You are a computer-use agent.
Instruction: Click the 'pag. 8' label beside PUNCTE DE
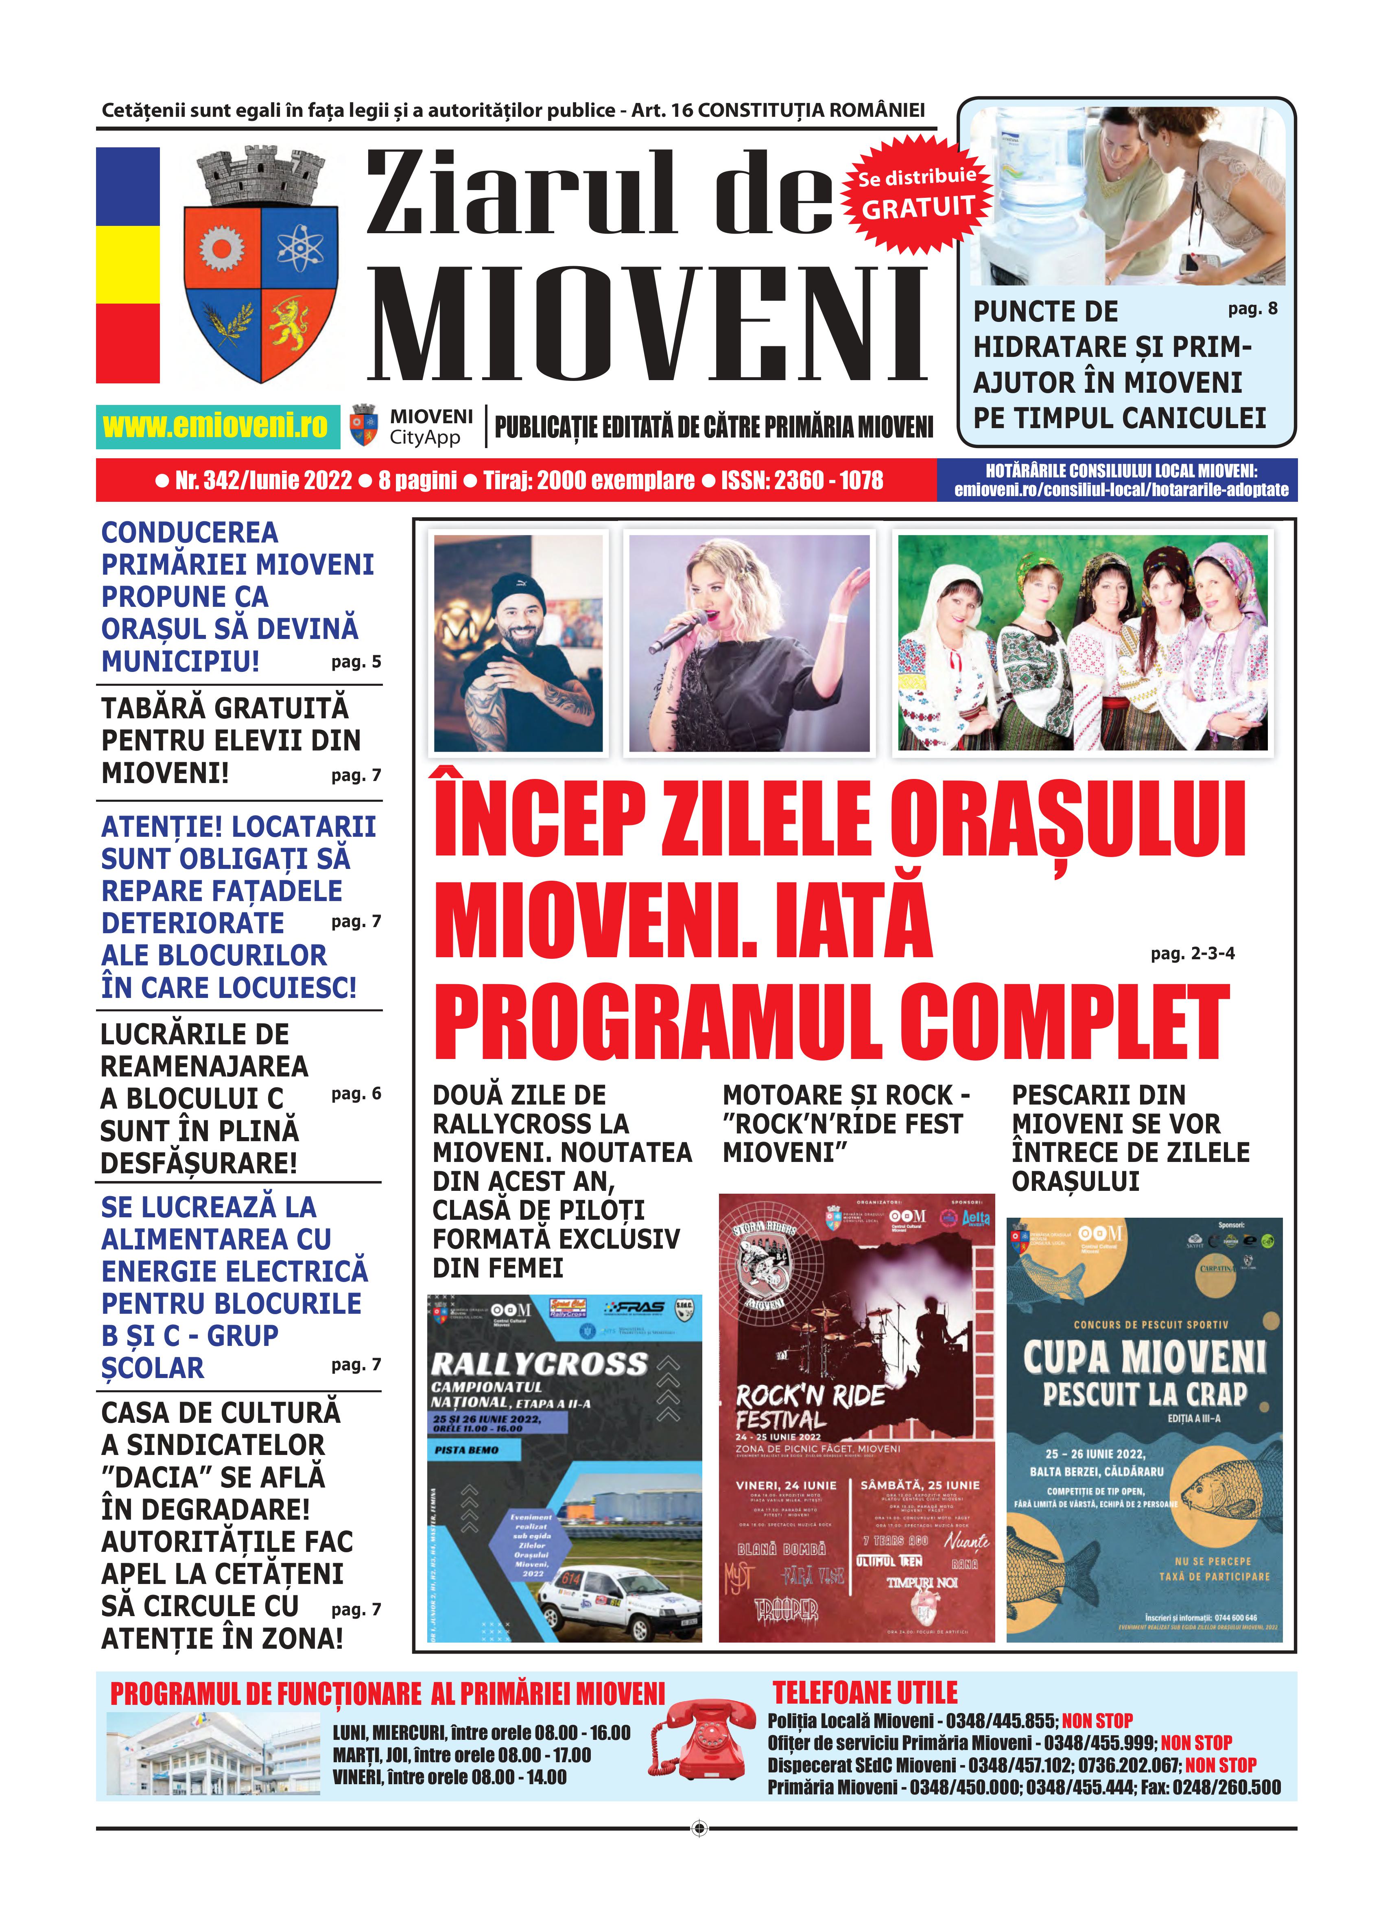pos(1252,308)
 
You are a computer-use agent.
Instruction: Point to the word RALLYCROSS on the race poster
pos(539,1364)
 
